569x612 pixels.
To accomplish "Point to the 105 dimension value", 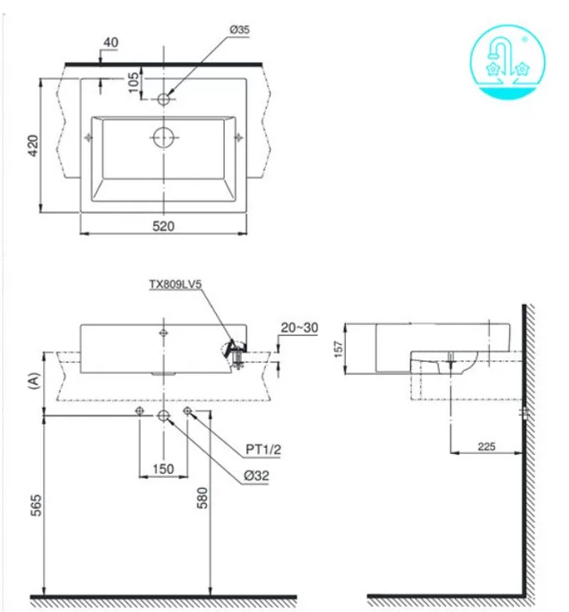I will pos(133,83).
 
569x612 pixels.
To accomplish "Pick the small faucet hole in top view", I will pos(164,98).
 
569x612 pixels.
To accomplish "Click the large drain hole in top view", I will pos(164,136).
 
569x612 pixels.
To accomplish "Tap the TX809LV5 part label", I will pos(175,284).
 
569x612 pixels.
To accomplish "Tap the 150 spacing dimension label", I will pos(163,469).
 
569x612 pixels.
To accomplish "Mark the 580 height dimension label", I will pos(202,496).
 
